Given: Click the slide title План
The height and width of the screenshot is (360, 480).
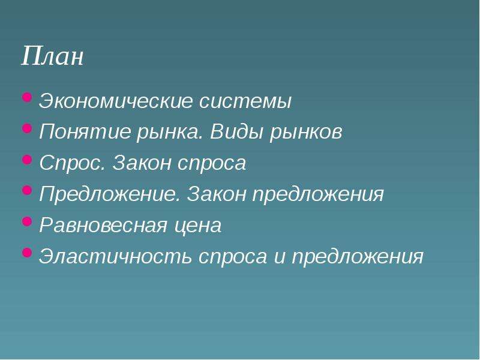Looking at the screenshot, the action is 52,55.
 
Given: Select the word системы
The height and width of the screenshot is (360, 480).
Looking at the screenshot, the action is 245,101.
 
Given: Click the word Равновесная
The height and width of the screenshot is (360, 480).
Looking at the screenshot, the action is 103,226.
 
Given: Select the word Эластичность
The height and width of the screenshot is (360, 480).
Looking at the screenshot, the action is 115,257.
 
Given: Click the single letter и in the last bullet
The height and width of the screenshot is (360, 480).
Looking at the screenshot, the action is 280,257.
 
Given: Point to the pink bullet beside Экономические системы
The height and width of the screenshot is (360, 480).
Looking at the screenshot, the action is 27,98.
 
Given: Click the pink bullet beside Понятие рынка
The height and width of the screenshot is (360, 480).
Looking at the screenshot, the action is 27,128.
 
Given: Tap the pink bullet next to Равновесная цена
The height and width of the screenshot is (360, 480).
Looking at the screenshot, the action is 27,221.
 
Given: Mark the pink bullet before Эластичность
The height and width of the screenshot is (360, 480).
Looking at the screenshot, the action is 27,252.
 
